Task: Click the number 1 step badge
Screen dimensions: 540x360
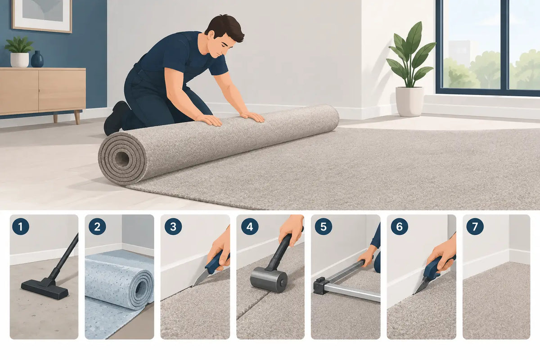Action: pos(21,226)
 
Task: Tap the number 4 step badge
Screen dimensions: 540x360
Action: pos(250,226)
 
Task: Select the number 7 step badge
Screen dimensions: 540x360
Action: pos(475,226)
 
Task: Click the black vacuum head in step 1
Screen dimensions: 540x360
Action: pos(45,288)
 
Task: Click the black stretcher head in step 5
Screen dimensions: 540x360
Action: pos(319,286)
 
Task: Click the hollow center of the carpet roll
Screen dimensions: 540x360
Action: pos(122,158)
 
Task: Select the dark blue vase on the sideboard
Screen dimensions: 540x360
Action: pos(37,59)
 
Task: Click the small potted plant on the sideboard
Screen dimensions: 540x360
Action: pos(19,52)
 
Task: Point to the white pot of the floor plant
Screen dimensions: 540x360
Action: pos(409,102)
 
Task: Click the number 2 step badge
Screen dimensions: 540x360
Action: pos(97,226)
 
